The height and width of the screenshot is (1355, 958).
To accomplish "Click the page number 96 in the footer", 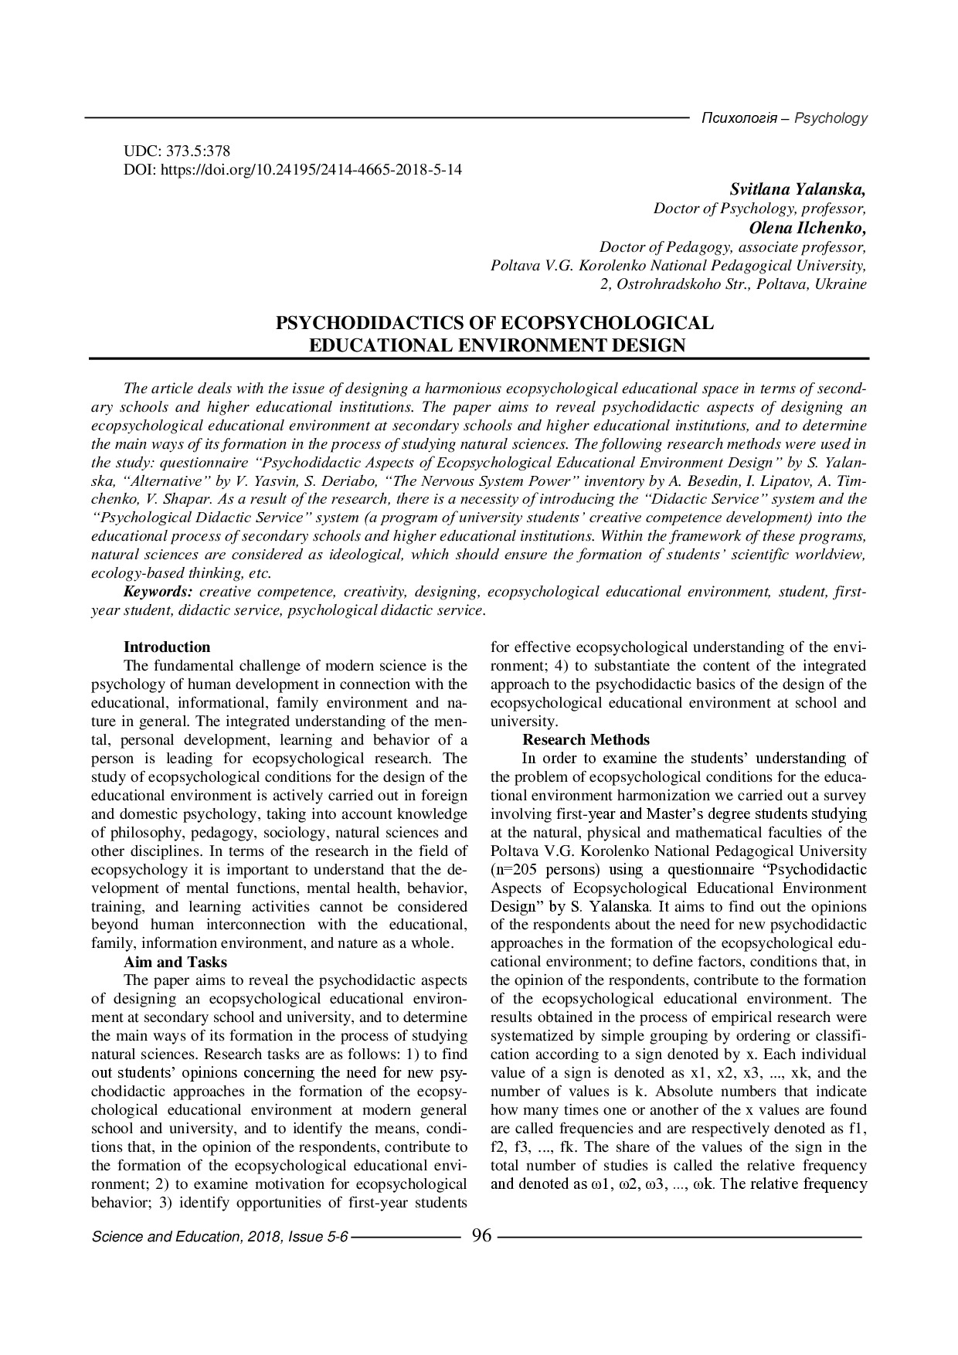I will coord(481,1236).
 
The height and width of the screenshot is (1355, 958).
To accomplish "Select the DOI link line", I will coord(293,169).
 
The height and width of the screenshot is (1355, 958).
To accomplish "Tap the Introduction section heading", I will coord(167,647).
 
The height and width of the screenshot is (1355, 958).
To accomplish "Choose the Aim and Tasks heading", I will coord(175,962).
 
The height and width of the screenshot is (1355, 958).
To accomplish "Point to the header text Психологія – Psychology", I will coord(783,119).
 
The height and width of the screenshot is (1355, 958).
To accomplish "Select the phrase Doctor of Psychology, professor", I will coord(759,209).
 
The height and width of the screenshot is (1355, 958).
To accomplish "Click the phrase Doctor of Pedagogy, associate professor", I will coord(732,247).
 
